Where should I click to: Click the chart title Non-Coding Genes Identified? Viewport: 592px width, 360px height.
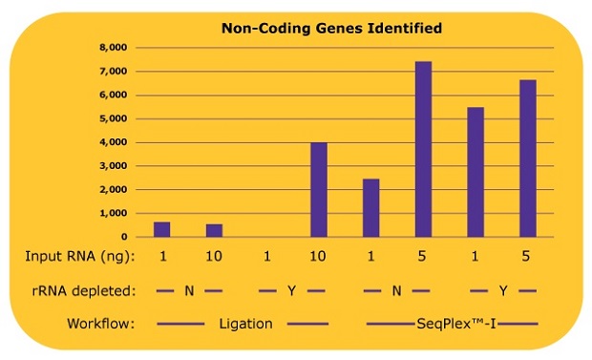point(331,28)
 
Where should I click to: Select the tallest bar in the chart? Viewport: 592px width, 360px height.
point(423,149)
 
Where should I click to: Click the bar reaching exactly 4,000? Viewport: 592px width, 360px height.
point(319,189)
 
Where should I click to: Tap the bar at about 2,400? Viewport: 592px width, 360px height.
point(370,207)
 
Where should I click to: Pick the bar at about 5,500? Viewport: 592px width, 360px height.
point(476,172)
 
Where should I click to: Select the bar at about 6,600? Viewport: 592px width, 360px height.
point(527,159)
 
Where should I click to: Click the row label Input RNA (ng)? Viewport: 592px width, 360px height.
point(79,257)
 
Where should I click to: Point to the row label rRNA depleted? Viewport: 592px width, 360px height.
point(80,290)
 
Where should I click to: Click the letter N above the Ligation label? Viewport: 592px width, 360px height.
point(189,290)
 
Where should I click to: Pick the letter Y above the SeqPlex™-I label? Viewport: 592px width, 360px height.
point(502,290)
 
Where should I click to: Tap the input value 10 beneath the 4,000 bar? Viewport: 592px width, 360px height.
point(319,257)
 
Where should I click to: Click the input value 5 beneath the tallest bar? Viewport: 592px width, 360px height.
point(423,257)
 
